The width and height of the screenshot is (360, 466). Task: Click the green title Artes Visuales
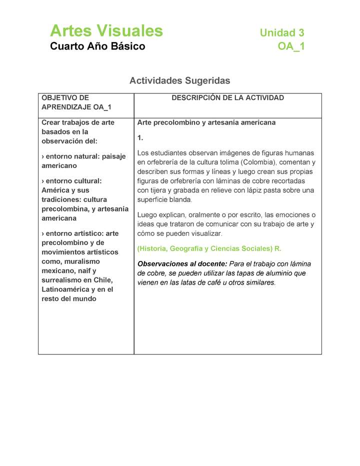(x=106, y=31)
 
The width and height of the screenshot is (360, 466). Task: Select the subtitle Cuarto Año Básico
(x=97, y=46)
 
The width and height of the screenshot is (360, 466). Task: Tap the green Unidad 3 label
(x=281, y=33)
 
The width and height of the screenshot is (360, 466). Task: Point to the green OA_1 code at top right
(x=291, y=46)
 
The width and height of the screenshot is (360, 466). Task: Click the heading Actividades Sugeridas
(x=179, y=80)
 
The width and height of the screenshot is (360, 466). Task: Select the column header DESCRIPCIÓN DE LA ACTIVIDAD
(x=227, y=98)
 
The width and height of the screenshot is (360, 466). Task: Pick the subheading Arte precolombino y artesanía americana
(x=206, y=122)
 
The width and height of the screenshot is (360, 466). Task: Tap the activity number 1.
(x=140, y=137)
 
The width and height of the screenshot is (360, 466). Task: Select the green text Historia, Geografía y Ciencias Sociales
(x=205, y=248)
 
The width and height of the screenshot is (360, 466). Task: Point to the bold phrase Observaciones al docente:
(x=182, y=263)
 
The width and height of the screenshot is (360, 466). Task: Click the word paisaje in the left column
(x=113, y=156)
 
